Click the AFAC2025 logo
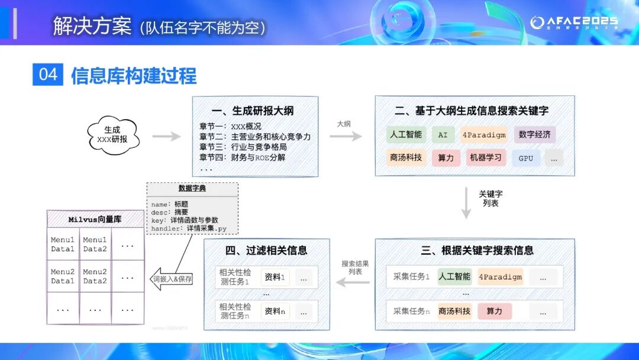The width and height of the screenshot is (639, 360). tap(573, 22)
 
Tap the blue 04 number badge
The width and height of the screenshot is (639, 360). tap(48, 75)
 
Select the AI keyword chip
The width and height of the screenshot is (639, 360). tap(443, 134)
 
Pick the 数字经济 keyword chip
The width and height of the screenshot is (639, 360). tap(534, 134)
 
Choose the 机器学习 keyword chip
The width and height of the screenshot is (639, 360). tap(485, 157)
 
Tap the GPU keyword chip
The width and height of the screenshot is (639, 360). tap(525, 158)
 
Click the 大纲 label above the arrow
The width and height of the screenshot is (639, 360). tap(344, 124)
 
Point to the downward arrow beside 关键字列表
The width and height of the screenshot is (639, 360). tap(466, 203)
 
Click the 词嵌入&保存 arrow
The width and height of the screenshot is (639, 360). tap(172, 278)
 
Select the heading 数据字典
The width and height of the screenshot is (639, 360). tap(192, 188)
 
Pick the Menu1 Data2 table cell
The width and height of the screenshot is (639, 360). tap(95, 245)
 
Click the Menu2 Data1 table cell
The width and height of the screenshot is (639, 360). tap(63, 277)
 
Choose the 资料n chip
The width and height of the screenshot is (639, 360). tap(275, 311)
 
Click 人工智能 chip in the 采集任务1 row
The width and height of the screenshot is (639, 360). tap(454, 277)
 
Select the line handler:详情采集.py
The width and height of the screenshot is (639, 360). tap(189, 228)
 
